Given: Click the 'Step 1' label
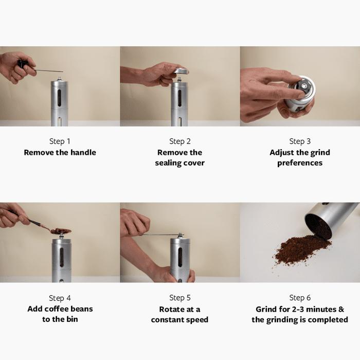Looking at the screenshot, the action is point(60,141).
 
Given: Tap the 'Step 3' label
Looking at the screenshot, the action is point(300,141).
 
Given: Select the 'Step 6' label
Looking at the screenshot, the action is point(300,298).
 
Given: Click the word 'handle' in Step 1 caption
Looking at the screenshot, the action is point(83,152).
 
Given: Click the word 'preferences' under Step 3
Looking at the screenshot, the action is point(300,163).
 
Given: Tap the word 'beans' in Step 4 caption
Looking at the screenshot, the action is point(82,309).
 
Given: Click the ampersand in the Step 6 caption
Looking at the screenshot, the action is point(341,309).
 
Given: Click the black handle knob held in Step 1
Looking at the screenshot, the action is point(23,64).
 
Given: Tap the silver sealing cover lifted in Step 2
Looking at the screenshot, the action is point(181,71).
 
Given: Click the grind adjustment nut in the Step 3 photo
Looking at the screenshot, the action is point(304,86).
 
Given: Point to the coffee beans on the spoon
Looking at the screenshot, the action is point(61,231).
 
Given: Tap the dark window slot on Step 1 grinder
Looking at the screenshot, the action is point(59,98).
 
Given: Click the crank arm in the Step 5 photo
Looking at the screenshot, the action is point(158,235).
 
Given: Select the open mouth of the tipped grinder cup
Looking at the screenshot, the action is point(318,227).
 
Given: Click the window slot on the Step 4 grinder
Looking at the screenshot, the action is point(62,257).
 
